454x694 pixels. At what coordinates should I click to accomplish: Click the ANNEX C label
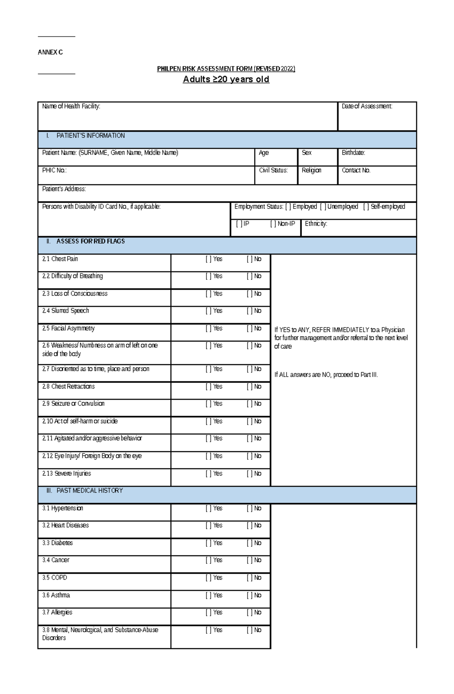[50, 52]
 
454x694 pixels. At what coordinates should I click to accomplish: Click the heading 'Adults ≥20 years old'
[226, 79]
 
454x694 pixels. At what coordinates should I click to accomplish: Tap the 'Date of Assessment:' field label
[367, 106]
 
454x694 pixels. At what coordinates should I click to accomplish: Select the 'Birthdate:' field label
[353, 153]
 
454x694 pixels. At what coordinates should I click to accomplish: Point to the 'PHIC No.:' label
[54, 171]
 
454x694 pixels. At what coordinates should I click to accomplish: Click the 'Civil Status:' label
[273, 171]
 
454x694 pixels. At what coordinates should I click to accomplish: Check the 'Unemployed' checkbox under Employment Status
[323, 206]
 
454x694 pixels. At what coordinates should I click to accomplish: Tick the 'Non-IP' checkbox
[273, 224]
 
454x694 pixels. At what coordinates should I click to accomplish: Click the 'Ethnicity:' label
[316, 224]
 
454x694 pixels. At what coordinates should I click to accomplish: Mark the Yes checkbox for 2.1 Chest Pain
[208, 259]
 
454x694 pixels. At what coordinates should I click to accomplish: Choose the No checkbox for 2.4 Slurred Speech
[249, 311]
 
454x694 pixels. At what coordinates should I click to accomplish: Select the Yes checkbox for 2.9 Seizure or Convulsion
[208, 404]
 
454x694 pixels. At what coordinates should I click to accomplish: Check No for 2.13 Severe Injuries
[249, 474]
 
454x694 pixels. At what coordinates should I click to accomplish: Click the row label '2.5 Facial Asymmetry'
[68, 328]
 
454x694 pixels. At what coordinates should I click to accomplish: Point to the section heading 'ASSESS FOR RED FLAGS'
[90, 241]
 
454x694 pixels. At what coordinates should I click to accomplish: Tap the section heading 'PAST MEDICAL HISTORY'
[90, 491]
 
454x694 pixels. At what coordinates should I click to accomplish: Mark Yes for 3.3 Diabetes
[208, 543]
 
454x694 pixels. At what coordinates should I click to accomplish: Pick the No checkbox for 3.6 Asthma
[249, 595]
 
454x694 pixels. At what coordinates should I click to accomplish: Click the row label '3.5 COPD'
[54, 578]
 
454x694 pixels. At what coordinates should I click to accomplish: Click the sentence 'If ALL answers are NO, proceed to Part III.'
[326, 375]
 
